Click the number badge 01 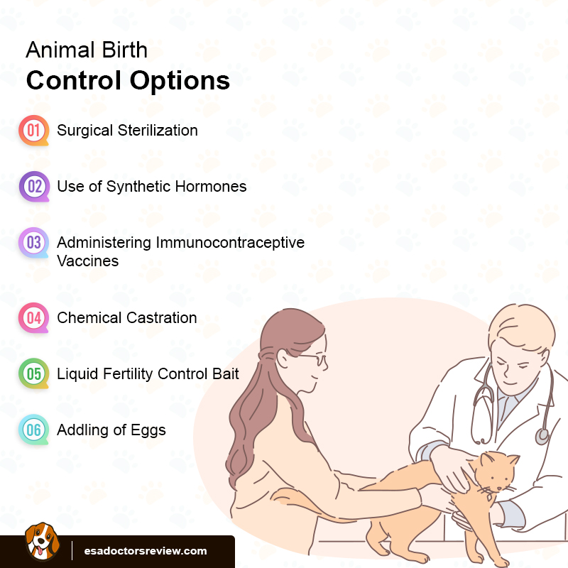coord(33,131)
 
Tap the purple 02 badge coord(33,187)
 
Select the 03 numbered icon coord(33,243)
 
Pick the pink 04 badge coord(33,318)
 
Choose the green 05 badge coord(33,373)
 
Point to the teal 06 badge coord(33,430)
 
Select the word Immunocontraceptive coord(231,243)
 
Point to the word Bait coord(224,373)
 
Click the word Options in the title coord(180,80)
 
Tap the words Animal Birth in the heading coord(87,50)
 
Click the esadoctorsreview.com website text coord(146,550)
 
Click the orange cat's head coord(496,474)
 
